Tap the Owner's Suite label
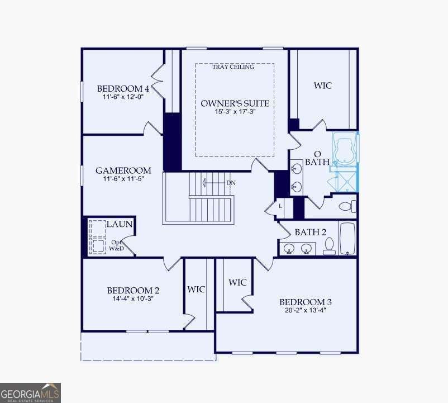pos(235,103)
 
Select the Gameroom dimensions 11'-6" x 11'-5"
pos(123,179)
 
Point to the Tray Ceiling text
pos(233,67)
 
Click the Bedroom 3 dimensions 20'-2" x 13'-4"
pos(306,310)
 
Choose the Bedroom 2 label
pos(133,291)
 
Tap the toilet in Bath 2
pos(329,246)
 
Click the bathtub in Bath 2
pos(347,238)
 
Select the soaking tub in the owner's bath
pos(344,150)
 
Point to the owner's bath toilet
pos(347,206)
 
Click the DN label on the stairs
pos(231,183)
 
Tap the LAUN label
pos(120,224)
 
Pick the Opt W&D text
pos(116,245)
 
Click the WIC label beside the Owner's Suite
pos(323,86)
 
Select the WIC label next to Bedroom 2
pos(196,289)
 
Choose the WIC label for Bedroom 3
pos(237,282)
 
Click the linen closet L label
pos(280,206)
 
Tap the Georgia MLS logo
pos(30,393)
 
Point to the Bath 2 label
pos(310,232)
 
